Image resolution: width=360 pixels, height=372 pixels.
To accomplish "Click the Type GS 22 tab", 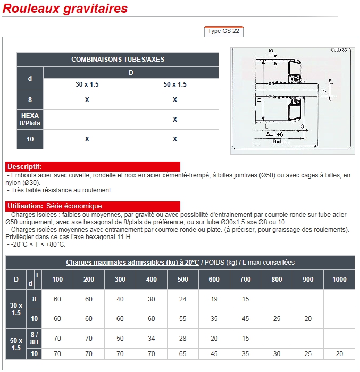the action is (x=223, y=31).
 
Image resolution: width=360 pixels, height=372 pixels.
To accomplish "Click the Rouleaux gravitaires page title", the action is (x=65, y=9).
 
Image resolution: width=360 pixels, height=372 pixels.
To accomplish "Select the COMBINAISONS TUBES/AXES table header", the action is (x=118, y=60).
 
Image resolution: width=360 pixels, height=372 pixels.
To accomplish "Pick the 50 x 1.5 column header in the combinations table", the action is (x=175, y=84).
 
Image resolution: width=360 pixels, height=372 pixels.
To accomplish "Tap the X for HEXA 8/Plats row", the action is (x=175, y=120).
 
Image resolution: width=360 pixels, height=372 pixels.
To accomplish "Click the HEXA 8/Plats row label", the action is (x=30, y=120).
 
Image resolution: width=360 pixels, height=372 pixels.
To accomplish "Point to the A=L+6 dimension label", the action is (x=274, y=134).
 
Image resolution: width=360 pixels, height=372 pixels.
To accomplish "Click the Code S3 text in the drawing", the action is (x=339, y=50).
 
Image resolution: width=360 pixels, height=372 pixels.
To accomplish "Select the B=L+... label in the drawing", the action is (x=281, y=142).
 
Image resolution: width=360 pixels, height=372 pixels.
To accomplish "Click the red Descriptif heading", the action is (x=24, y=166).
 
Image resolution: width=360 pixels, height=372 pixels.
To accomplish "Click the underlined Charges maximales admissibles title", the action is (x=132, y=263).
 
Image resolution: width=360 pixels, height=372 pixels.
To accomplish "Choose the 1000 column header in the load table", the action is (x=339, y=280).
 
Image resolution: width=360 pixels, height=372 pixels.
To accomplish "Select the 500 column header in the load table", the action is (x=182, y=280).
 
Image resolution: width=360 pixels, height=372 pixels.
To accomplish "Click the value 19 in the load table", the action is (x=214, y=299).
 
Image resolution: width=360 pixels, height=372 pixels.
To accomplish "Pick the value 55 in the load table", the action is (x=182, y=319).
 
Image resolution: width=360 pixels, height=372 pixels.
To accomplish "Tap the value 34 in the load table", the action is (x=151, y=339).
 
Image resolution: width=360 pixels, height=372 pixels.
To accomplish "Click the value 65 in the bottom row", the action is (x=182, y=354).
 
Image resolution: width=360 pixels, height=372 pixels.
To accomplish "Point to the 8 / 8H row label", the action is (x=34, y=339).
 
